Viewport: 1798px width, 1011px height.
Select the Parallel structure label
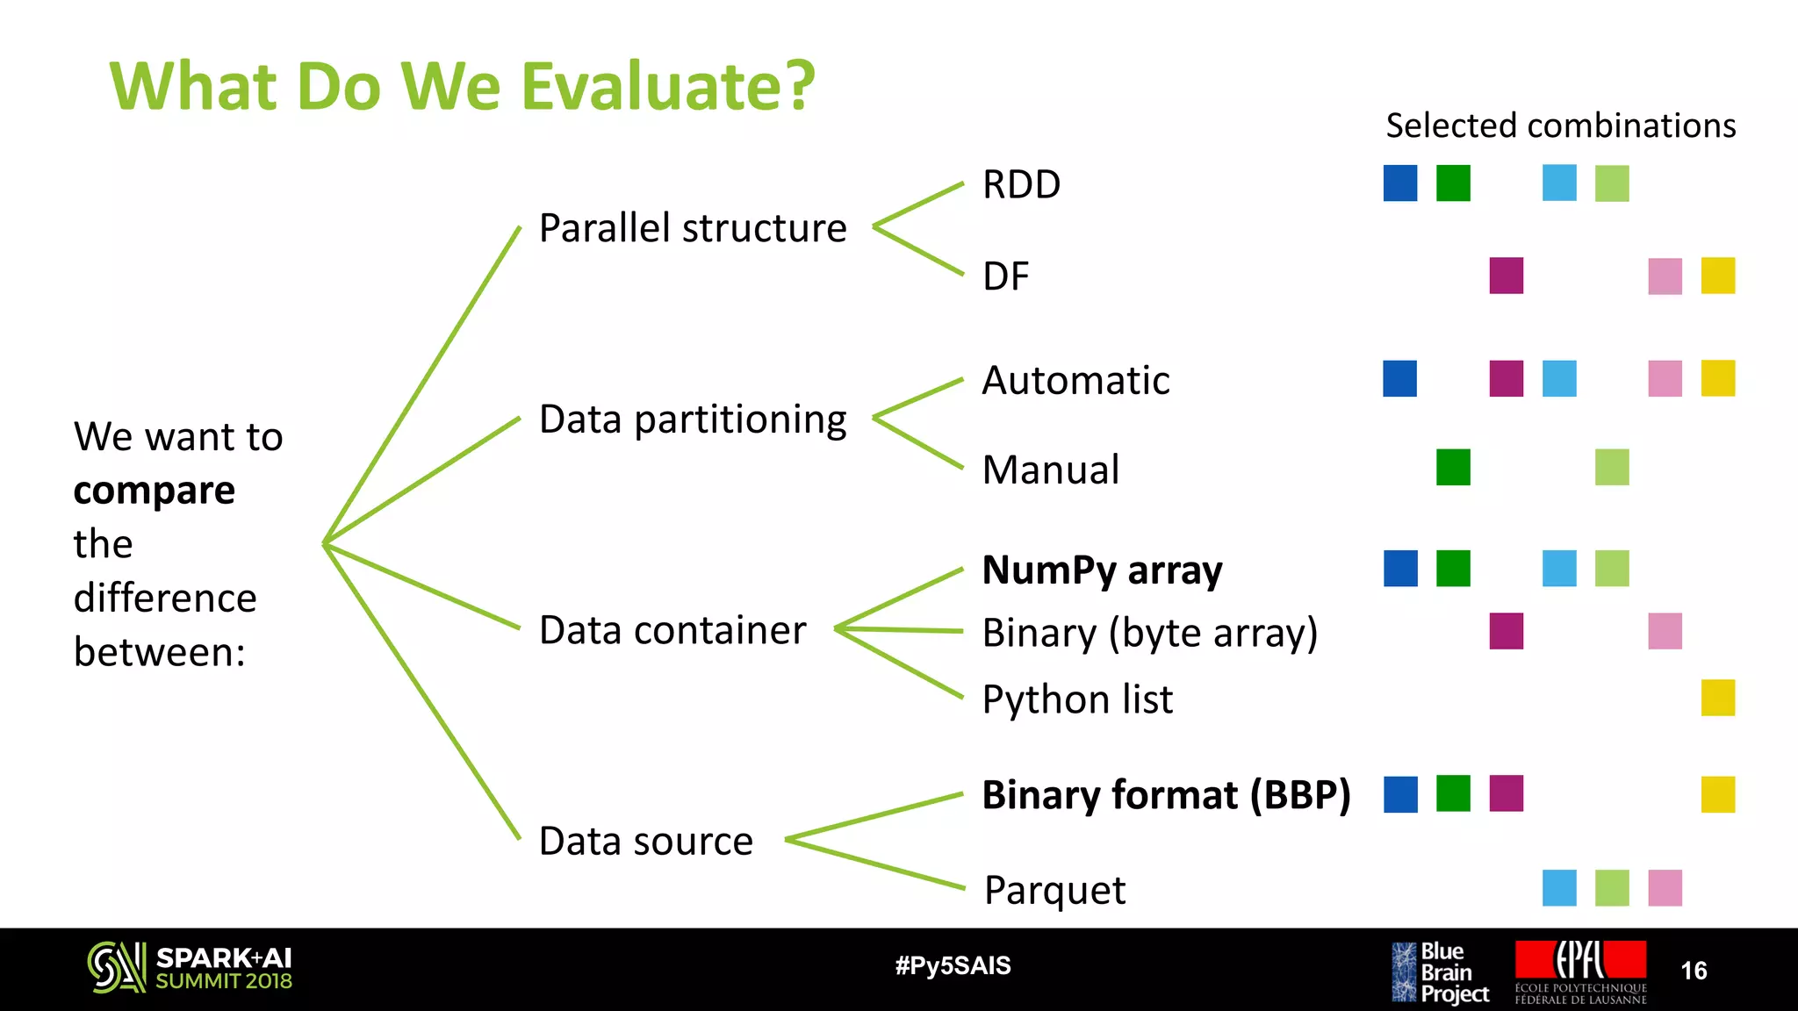pos(693,228)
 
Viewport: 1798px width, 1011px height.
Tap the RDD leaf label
pos(1021,185)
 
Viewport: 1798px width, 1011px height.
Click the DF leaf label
pos(1005,276)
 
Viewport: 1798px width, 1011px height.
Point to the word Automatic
pos(1075,381)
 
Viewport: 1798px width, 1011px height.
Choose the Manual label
pos(1051,470)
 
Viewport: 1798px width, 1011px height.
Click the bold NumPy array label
pos(1102,570)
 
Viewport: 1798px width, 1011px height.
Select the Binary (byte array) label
pos(1150,633)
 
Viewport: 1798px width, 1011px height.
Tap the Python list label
pos(1077,699)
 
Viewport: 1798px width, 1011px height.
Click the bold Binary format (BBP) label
pos(1166,795)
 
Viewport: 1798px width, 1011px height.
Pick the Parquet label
pos(1054,890)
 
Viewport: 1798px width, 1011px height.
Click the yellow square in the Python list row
pos(1717,698)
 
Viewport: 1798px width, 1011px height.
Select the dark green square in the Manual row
pos(1453,467)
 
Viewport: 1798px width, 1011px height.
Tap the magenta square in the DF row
pos(1506,276)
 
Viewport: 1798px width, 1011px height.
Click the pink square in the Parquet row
pos(1665,888)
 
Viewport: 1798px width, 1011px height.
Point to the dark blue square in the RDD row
pos(1399,183)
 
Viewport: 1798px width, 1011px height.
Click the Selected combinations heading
pos(1560,125)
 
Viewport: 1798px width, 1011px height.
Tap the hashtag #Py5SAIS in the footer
pos(953,966)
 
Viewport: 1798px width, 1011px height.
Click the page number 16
pos(1694,971)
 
